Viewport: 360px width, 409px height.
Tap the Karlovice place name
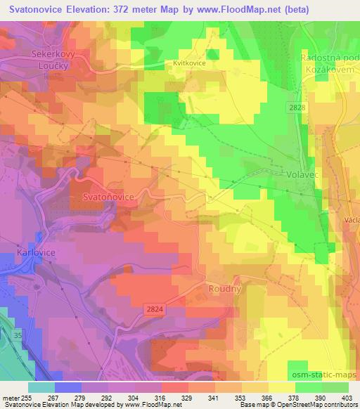click(35, 251)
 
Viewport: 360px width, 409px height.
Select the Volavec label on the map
click(304, 171)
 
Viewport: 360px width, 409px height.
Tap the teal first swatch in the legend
click(41, 387)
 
